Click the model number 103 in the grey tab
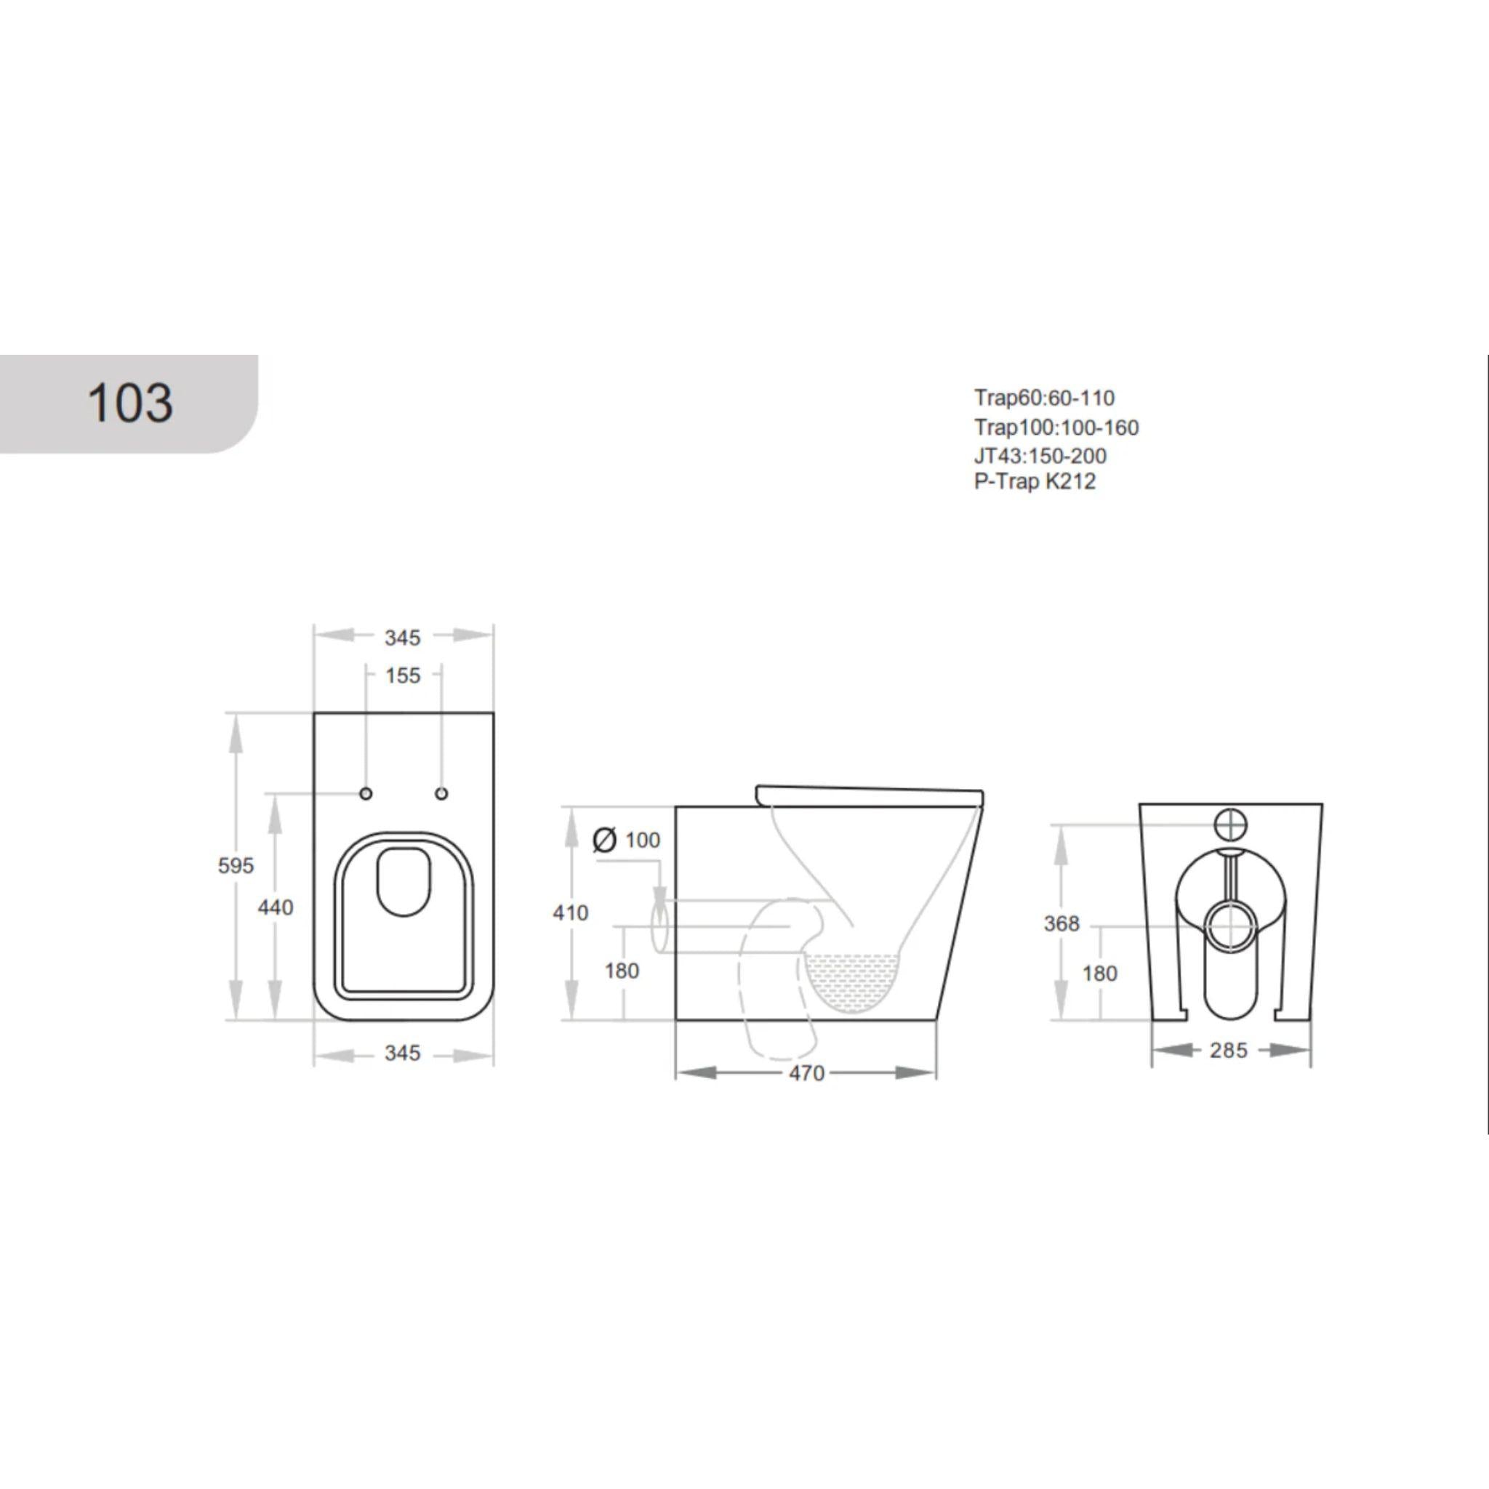[129, 403]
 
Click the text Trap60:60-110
[1043, 398]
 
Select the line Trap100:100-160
[1056, 427]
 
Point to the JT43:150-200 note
[1040, 455]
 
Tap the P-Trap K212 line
[1035, 482]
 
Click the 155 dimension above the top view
[402, 676]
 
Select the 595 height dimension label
[235, 865]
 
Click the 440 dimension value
[275, 907]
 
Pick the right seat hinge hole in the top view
[441, 794]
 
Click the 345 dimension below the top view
[402, 1053]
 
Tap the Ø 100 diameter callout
[627, 839]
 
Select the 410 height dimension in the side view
[570, 912]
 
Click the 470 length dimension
[806, 1073]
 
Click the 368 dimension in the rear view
[1061, 923]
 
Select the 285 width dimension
[1228, 1051]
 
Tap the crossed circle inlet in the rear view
[1230, 824]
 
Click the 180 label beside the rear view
[1099, 974]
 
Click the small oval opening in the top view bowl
[403, 883]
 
